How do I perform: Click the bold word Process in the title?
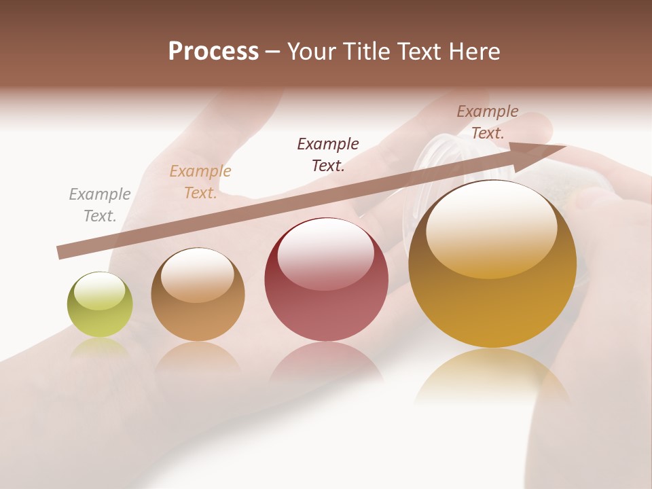point(213,52)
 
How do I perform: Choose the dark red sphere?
point(326,299)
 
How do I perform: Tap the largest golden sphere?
point(492,299)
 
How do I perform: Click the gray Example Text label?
point(100,205)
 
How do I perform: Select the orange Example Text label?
point(200,182)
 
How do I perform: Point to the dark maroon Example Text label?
point(328,154)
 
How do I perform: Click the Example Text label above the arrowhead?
point(488,122)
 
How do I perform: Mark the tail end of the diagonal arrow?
point(60,253)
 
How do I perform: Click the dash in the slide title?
point(273,52)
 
